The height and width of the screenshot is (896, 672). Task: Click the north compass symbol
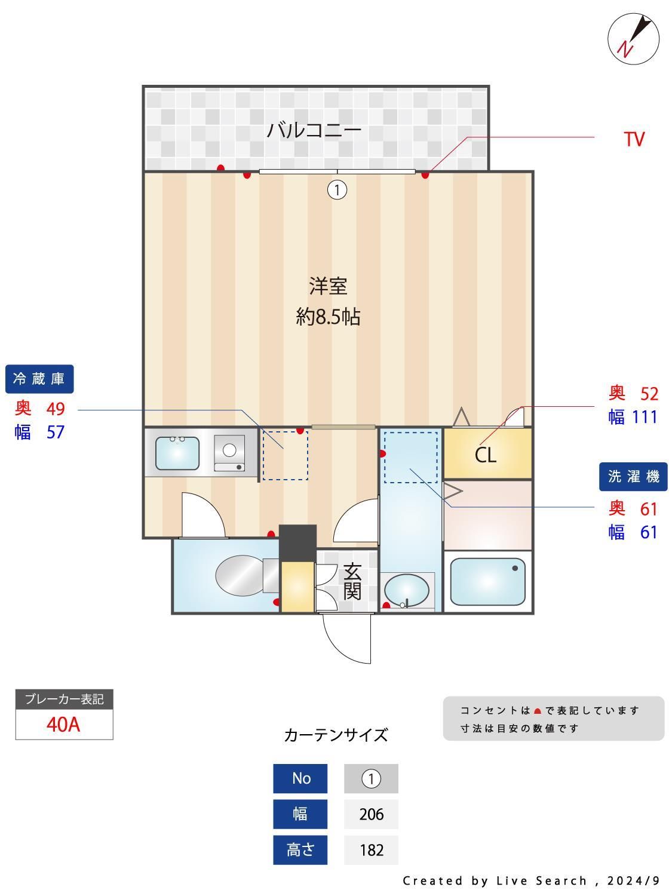tap(633, 39)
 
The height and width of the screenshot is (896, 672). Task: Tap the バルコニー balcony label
tap(314, 130)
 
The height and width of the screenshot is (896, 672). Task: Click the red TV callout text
tap(634, 139)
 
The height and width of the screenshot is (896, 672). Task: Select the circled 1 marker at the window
tap(337, 190)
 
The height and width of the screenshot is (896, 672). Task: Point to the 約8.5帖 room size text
tap(328, 317)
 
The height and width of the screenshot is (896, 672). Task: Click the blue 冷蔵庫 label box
tap(39, 379)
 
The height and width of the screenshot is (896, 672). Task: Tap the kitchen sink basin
tap(177, 453)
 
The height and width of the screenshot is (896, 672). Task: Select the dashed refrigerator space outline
tap(286, 455)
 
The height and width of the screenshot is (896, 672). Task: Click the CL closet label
tap(486, 455)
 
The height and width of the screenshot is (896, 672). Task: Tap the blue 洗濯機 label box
tap(633, 476)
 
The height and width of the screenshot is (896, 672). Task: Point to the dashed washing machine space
tap(410, 457)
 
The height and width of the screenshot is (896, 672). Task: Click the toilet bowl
tap(240, 575)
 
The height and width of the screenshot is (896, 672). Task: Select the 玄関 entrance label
tap(352, 582)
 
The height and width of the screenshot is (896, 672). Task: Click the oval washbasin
tap(406, 590)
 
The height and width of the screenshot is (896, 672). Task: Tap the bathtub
tap(487, 581)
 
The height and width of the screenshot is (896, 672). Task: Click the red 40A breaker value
tap(63, 724)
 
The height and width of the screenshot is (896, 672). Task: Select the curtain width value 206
tap(371, 814)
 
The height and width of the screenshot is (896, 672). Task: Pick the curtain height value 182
tap(371, 849)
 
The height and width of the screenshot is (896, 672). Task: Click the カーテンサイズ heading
tap(336, 735)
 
